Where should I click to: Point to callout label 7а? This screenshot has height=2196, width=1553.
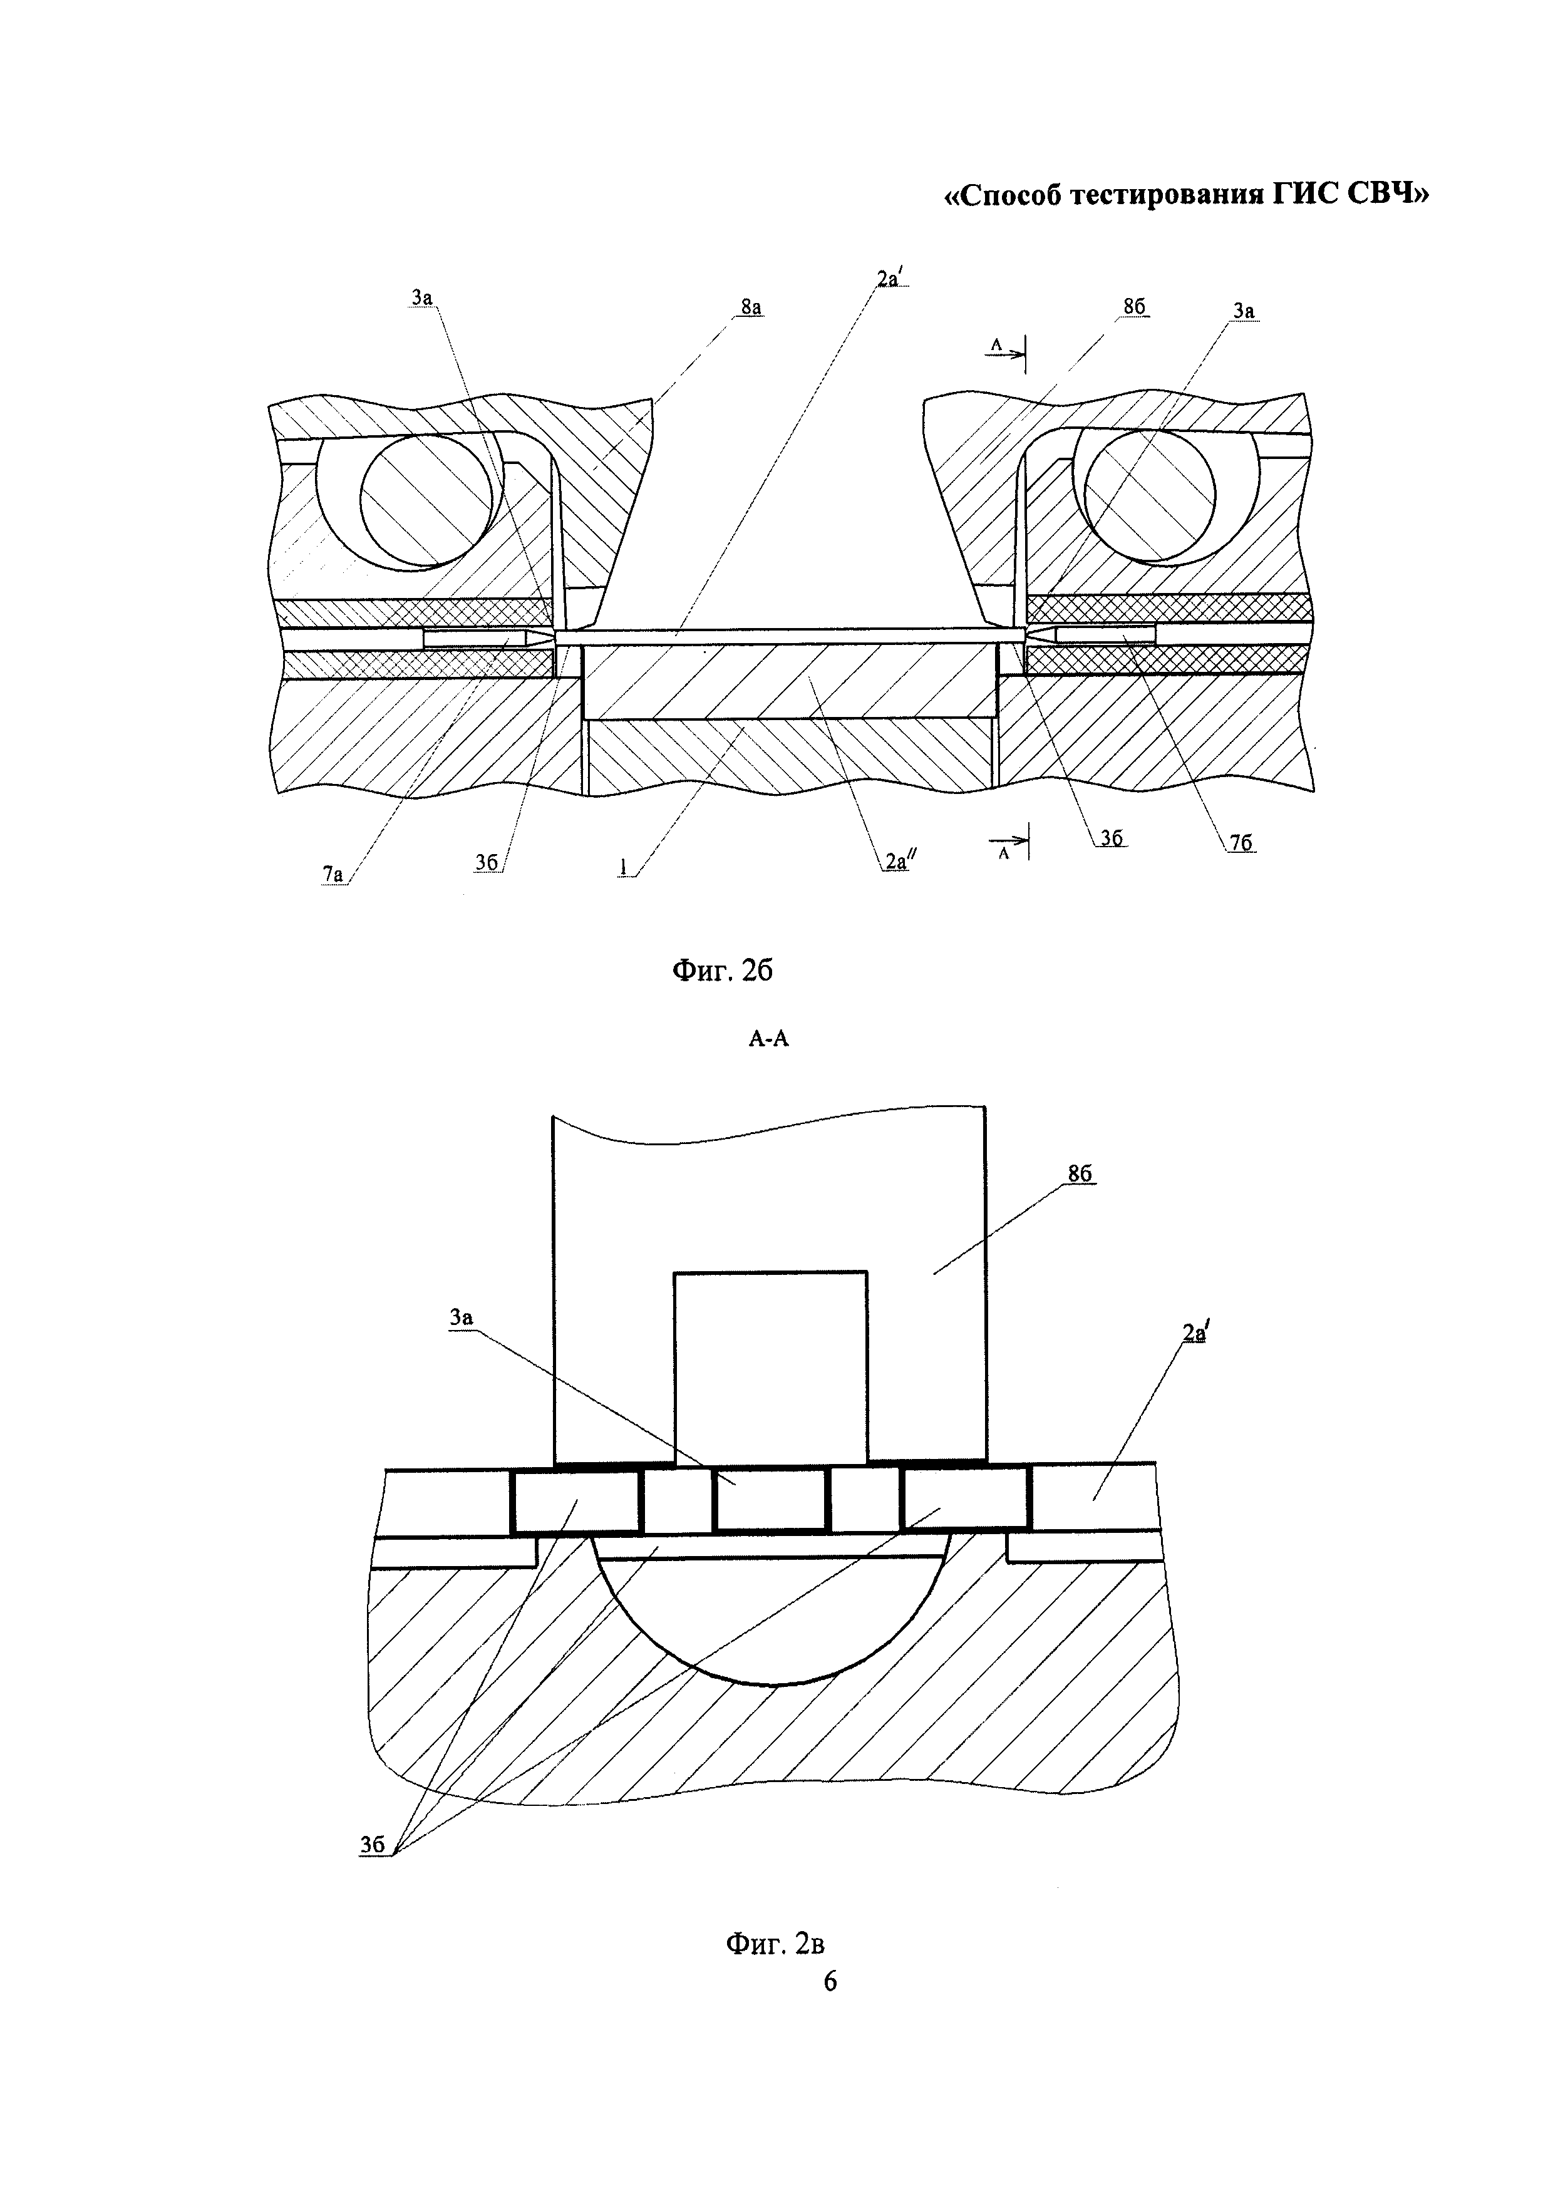(332, 872)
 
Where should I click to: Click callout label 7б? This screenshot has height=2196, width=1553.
(1241, 842)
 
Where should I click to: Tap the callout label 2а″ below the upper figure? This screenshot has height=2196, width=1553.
(896, 861)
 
